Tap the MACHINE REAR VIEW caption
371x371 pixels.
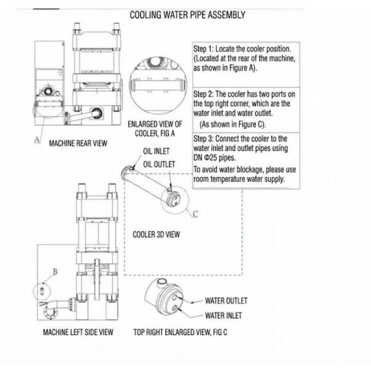pyautogui.click(x=78, y=143)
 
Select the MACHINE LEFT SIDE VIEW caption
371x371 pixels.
pyautogui.click(x=78, y=332)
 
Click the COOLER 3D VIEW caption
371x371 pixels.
pyautogui.click(x=156, y=234)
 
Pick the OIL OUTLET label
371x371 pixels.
pyautogui.click(x=159, y=164)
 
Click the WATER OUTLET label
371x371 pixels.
pyautogui.click(x=226, y=301)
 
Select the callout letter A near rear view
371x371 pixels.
pyautogui.click(x=36, y=140)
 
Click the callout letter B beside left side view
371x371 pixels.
pyautogui.click(x=54, y=271)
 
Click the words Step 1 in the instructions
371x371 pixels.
pyautogui.click(x=205, y=48)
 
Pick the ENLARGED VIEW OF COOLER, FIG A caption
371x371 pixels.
pyautogui.click(x=155, y=132)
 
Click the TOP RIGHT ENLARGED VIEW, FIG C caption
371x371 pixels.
pyautogui.click(x=181, y=332)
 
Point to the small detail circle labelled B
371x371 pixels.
pyautogui.click(x=41, y=289)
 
